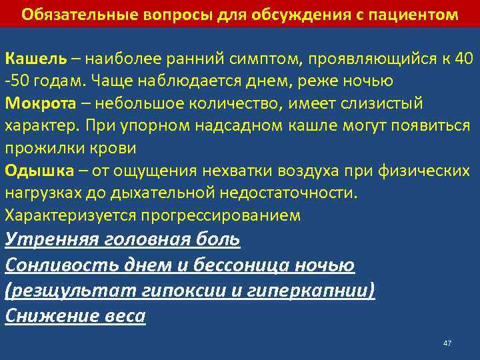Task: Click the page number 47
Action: pyautogui.click(x=447, y=343)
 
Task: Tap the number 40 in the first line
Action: pyautogui.click(x=462, y=58)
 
